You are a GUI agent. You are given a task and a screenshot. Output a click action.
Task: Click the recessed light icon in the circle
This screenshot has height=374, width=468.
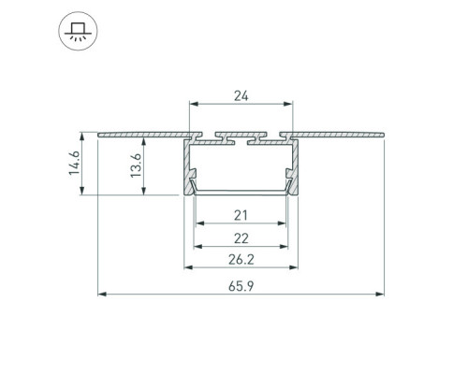(78, 31)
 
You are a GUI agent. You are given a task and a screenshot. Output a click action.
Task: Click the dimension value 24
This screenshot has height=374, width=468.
(241, 96)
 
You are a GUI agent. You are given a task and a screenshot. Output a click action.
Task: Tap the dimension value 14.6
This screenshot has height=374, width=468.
(75, 164)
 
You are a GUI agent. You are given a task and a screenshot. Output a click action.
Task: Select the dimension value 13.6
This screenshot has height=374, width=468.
(136, 165)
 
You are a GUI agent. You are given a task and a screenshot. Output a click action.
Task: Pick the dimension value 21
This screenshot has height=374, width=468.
(241, 215)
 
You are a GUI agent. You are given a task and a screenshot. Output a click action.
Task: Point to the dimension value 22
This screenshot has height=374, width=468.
(241, 238)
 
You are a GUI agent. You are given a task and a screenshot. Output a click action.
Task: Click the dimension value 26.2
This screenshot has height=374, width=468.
(241, 259)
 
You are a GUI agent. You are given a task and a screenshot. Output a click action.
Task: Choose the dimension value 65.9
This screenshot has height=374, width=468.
(241, 286)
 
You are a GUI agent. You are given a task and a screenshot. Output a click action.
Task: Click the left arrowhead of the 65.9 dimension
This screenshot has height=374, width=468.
(102, 294)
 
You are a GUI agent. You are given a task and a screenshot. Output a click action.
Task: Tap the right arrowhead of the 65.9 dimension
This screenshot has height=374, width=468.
(380, 294)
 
